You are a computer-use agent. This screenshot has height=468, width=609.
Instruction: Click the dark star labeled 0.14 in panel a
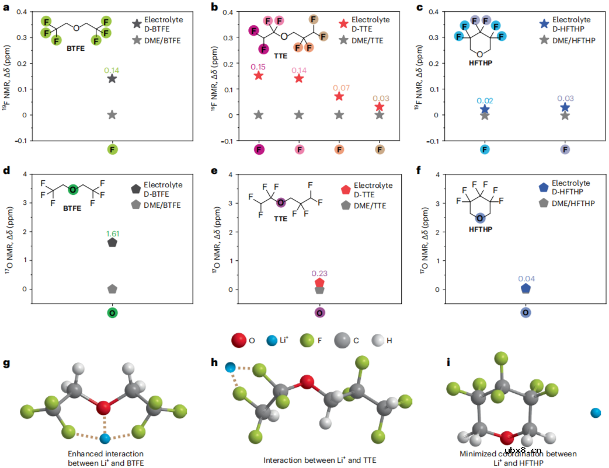pyautogui.click(x=112, y=79)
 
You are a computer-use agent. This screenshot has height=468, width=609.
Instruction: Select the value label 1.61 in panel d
pyautogui.click(x=112, y=233)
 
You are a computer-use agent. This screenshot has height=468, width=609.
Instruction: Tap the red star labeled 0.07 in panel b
pyautogui.click(x=339, y=96)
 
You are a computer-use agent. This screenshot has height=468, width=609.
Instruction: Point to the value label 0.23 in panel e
pyautogui.click(x=319, y=273)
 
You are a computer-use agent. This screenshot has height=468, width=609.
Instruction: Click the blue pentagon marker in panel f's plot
pyautogui.click(x=526, y=288)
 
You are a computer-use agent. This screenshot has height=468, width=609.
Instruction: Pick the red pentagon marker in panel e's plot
pyautogui.click(x=319, y=282)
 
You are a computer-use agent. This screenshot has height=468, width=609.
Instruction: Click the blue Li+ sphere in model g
pyautogui.click(x=105, y=438)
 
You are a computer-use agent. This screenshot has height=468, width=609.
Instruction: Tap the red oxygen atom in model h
pyautogui.click(x=307, y=382)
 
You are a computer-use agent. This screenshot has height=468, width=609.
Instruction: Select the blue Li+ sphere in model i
pyautogui.click(x=596, y=413)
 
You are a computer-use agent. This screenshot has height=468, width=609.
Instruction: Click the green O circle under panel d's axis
pyautogui.click(x=112, y=313)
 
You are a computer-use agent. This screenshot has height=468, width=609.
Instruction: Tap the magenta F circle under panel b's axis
pyautogui.click(x=259, y=150)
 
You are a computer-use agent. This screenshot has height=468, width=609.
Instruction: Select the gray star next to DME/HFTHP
pyautogui.click(x=544, y=40)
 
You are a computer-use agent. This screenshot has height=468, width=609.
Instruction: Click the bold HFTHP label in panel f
pyautogui.click(x=480, y=229)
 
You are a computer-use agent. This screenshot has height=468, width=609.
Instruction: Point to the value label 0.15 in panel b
pyautogui.click(x=258, y=66)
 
